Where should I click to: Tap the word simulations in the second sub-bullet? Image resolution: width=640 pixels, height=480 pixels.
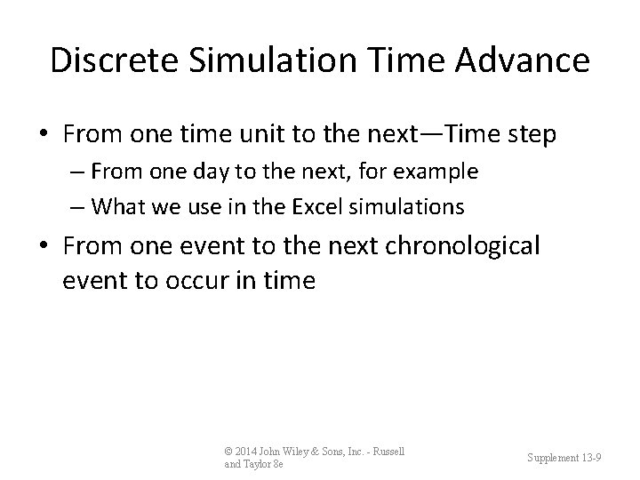tap(415, 206)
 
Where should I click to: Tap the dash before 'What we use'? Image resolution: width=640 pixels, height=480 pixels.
tap(78, 206)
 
